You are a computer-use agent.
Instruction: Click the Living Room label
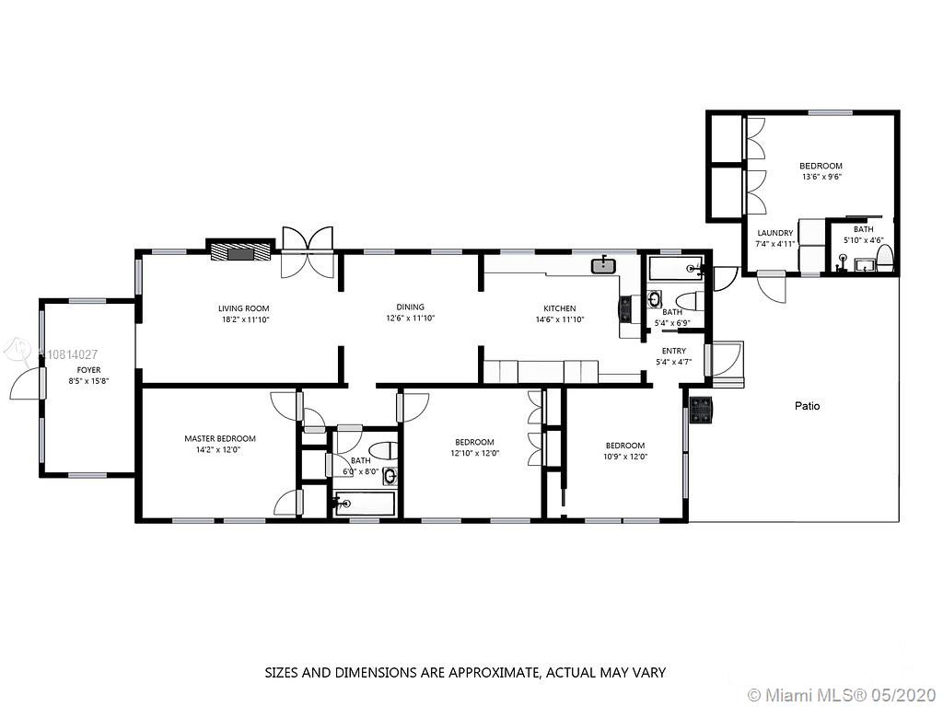point(243,308)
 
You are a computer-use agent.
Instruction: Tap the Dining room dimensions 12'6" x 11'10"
point(410,318)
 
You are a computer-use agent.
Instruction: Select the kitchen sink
point(603,264)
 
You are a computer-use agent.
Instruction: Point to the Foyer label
point(88,370)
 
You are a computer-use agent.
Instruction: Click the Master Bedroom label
point(220,438)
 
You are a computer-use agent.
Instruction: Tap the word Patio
point(807,406)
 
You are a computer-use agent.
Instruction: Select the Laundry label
point(775,233)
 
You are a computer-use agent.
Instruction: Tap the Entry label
point(673,351)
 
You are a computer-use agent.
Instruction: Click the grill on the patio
point(701,410)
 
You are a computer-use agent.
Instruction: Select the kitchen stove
point(626,309)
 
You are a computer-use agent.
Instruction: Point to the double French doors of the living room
point(308,252)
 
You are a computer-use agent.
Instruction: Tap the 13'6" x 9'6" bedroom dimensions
point(821,177)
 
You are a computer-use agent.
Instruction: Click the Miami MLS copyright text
point(842,695)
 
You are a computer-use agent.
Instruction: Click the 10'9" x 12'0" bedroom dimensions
point(625,457)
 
